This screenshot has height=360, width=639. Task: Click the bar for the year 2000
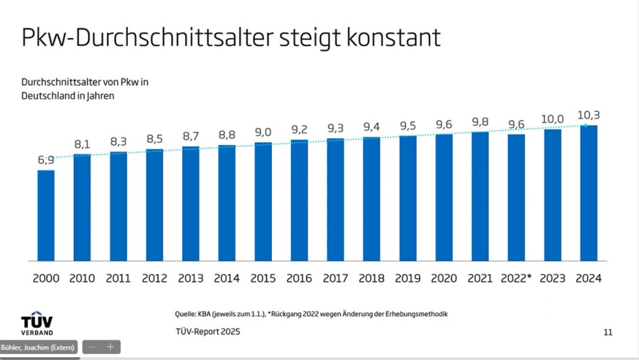point(46,215)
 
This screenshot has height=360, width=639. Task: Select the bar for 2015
point(263,202)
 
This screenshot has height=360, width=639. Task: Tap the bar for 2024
point(588,193)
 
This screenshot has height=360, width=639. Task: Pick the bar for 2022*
point(516,198)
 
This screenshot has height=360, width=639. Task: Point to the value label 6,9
point(46,160)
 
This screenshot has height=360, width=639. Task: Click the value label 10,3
point(588,115)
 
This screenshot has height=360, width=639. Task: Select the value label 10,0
point(552,119)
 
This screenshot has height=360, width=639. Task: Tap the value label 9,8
point(480,122)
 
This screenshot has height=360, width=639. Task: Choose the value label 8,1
point(82,144)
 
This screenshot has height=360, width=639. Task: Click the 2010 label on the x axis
point(82,278)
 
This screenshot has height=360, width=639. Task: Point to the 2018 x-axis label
point(371,278)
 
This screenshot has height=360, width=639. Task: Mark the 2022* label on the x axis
point(517,278)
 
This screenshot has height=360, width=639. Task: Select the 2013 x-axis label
point(191,278)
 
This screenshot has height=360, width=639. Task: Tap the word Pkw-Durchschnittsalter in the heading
point(145,38)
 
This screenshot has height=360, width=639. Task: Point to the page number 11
point(607,332)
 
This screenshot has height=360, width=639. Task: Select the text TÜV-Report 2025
point(208,332)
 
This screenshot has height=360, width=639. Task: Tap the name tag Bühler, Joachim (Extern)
point(39,347)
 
